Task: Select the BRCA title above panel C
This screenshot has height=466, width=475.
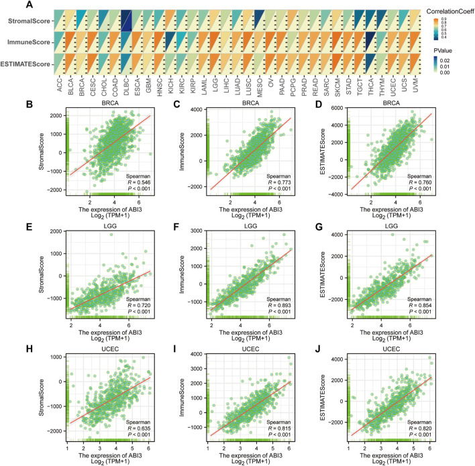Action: [x=249, y=106]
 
